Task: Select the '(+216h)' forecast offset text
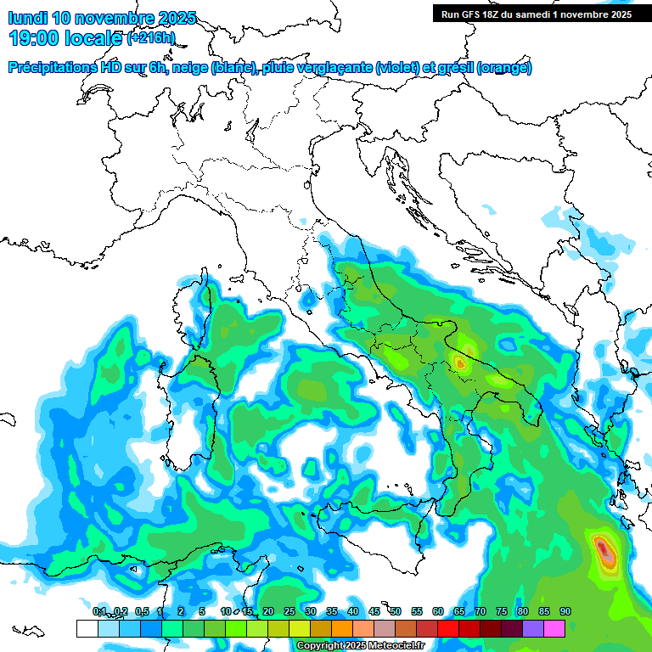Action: [150, 38]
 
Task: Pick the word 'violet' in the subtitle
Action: [399, 67]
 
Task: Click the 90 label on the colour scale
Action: [565, 611]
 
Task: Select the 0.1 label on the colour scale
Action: [99, 611]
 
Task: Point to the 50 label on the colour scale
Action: [396, 611]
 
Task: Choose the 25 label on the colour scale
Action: [289, 611]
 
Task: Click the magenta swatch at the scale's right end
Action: [554, 628]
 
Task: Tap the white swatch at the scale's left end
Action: [87, 628]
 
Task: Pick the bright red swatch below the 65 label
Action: [448, 628]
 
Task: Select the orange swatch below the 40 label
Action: [342, 628]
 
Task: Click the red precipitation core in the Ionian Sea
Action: [603, 549]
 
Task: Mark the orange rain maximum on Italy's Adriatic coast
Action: [460, 363]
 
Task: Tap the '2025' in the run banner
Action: [616, 14]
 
